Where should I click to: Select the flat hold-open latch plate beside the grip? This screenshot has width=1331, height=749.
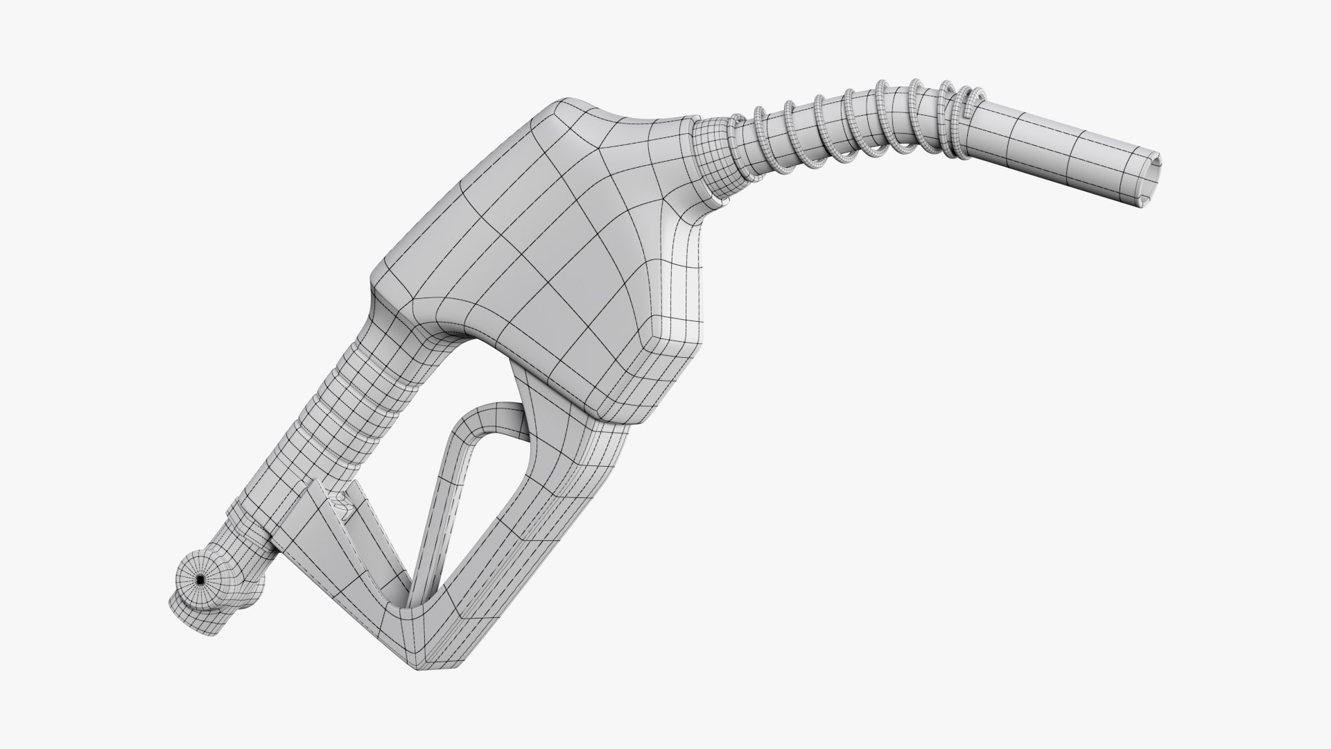319,527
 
